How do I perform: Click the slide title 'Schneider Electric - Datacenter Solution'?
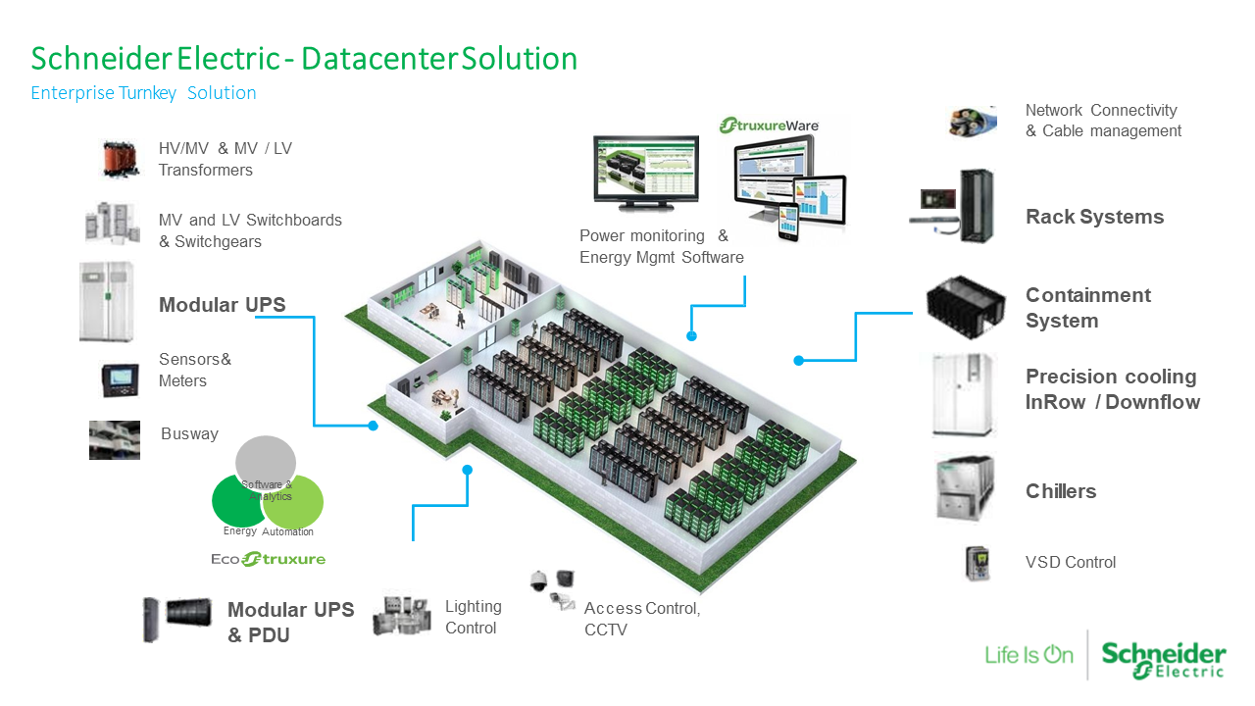(x=304, y=59)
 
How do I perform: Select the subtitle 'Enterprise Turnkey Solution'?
(x=143, y=93)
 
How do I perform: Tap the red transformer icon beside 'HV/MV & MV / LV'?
(x=122, y=159)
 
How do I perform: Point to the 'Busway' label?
(x=189, y=433)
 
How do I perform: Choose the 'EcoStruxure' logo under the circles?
(x=269, y=559)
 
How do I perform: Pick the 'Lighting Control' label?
(x=473, y=617)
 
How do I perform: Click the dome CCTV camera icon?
(x=537, y=580)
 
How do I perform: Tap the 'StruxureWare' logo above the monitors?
(x=770, y=126)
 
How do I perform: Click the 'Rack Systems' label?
(x=1094, y=217)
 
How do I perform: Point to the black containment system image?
(x=966, y=306)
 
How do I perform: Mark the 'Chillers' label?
(x=1061, y=491)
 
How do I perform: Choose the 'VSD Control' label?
(x=1071, y=562)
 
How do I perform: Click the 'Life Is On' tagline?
(x=1029, y=654)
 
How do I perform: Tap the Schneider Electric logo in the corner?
(x=1163, y=659)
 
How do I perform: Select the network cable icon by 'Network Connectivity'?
(x=973, y=122)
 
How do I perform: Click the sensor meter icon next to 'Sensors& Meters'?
(x=121, y=379)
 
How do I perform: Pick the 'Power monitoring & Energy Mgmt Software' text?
(x=661, y=246)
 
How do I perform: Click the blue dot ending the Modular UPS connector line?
(x=374, y=426)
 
